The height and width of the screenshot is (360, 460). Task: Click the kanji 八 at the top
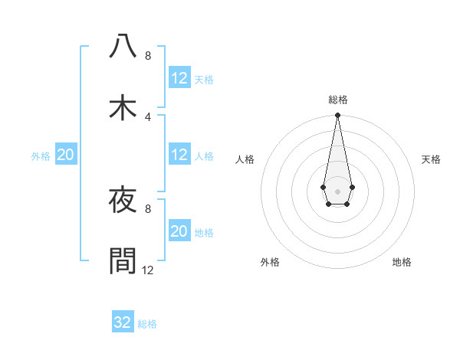(123, 46)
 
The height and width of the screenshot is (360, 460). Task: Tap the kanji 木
(123, 108)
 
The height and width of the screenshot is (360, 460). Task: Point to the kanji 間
(123, 260)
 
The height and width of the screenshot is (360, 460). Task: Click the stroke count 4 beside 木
(148, 116)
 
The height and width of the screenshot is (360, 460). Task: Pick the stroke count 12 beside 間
(148, 270)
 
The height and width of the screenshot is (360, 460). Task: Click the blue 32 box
(123, 322)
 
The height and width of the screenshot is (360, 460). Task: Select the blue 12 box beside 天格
(179, 78)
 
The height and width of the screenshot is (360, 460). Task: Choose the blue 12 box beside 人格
(179, 155)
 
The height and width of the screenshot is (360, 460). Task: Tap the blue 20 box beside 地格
(179, 231)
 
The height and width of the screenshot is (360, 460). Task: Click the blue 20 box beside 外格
(66, 155)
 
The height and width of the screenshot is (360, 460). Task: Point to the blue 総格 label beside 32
(147, 324)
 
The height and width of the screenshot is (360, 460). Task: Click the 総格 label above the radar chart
(337, 100)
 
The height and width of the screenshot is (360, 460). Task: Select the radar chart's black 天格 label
(431, 159)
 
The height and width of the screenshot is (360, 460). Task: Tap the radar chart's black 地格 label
(402, 263)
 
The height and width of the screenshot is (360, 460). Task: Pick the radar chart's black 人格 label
(245, 159)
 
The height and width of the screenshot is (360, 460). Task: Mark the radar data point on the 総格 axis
(337, 116)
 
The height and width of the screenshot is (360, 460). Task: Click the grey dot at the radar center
(337, 190)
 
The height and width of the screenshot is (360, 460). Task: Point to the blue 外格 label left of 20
(41, 156)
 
